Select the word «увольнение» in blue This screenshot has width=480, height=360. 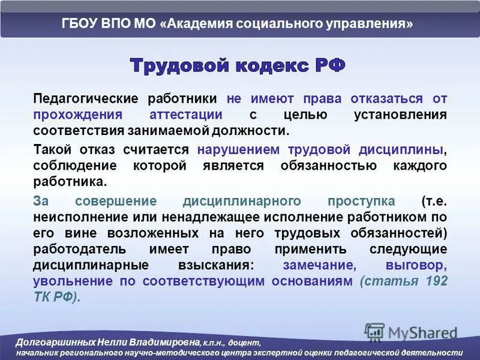pos(69,281)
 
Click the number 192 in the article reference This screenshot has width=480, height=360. pos(436,281)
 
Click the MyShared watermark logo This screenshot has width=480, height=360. pos(410,332)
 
